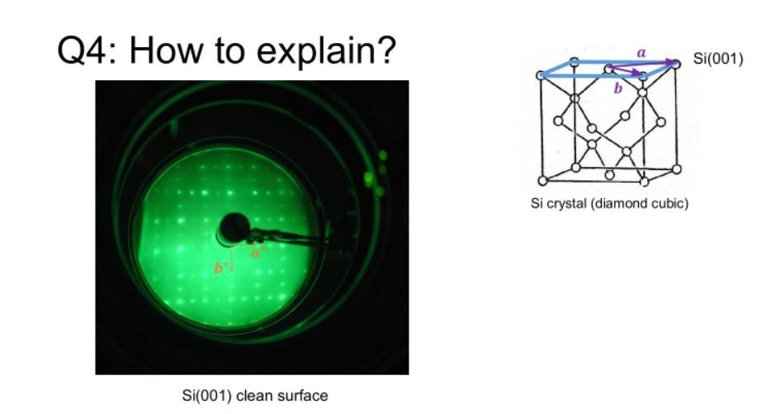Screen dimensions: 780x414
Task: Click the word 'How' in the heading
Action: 166,50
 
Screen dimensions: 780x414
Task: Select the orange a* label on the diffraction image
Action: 257,252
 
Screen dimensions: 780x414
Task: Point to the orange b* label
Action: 220,268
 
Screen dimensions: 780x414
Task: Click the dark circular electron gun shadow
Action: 234,229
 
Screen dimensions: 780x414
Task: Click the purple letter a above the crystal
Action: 641,52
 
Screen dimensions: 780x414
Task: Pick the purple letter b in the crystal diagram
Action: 618,88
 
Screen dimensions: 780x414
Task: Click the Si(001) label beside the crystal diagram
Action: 718,59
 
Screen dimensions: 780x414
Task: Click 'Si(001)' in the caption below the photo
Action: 207,396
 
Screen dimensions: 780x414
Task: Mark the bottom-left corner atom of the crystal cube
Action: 543,180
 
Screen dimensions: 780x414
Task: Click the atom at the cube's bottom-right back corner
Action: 676,169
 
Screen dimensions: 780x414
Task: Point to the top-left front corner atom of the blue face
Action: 541,75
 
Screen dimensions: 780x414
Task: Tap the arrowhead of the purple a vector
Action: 675,64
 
